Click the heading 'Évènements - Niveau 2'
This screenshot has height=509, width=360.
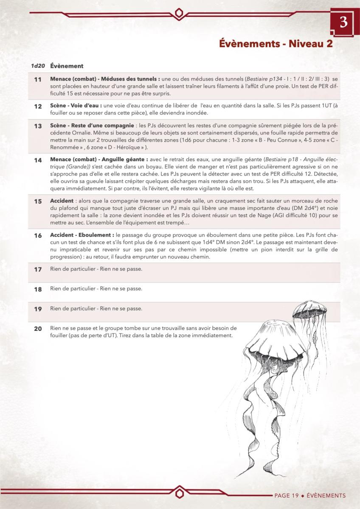click(276, 44)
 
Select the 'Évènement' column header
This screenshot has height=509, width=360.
click(67, 66)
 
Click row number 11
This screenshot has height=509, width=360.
click(38, 80)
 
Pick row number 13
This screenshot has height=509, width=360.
click(38, 126)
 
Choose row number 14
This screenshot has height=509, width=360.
click(38, 160)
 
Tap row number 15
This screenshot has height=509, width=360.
click(38, 201)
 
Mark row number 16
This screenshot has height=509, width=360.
click(38, 235)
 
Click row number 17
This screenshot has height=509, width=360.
click(38, 270)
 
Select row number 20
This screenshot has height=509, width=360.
click(38, 329)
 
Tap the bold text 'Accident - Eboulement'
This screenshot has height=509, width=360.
click(82, 235)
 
